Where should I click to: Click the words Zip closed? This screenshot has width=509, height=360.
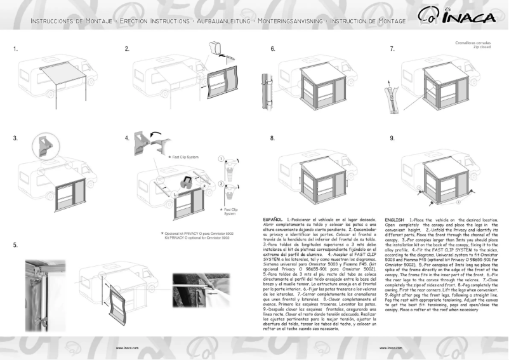tap(480, 46)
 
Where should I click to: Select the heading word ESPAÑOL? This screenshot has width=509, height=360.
tap(274, 219)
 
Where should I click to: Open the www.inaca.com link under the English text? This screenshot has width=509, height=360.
tap(390, 349)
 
